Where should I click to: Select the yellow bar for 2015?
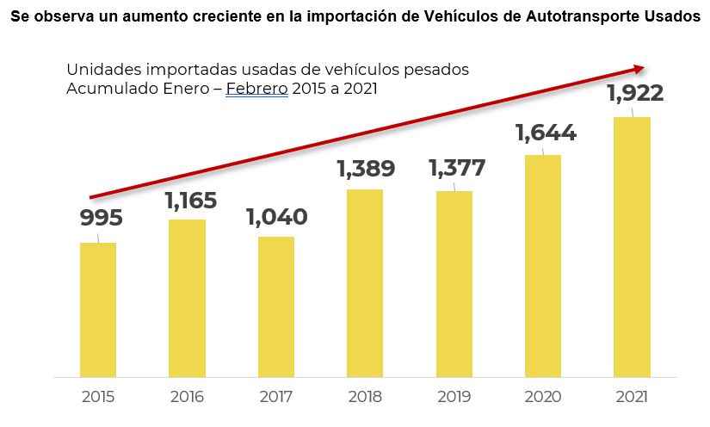pos(98,310)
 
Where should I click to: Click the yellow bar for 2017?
pos(276,306)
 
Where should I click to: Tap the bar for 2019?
pos(454,284)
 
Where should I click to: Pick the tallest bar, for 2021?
pos(633,247)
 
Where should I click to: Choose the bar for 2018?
pos(365,283)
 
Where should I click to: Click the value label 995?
pos(102,218)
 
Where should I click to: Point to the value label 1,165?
pos(190,201)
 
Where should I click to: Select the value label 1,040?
pos(276,217)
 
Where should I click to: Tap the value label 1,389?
pos(366,169)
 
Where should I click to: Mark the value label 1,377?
pos(457,169)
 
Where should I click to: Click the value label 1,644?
pos(546,133)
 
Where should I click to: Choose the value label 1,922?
pos(635,95)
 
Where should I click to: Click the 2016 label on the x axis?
pos(188,398)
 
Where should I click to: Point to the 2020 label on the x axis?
pos(543,398)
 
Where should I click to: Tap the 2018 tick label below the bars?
pos(365,398)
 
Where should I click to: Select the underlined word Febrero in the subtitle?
pos(256,89)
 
